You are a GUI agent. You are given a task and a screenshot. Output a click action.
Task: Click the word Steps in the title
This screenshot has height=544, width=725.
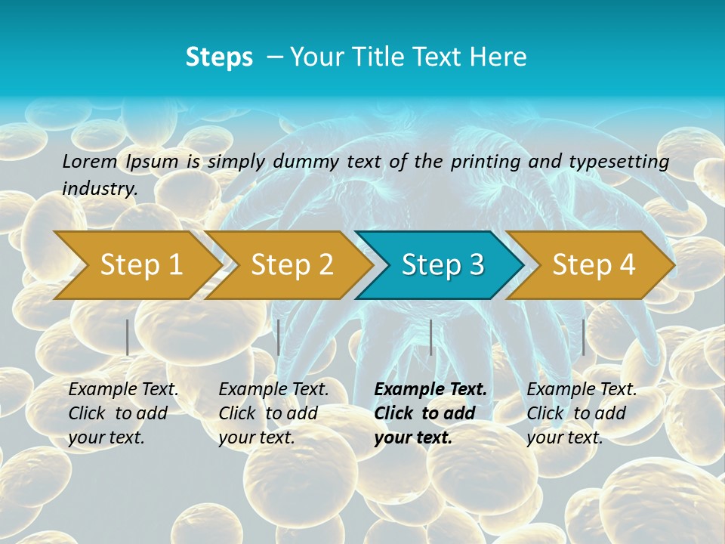pos(219,57)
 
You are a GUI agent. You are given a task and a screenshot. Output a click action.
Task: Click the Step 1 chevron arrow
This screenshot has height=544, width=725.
pos(136,264)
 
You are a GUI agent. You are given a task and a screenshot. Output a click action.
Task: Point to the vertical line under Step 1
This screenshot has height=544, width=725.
pos(128,337)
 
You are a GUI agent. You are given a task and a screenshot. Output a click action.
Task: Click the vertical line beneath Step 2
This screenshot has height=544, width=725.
pos(279,337)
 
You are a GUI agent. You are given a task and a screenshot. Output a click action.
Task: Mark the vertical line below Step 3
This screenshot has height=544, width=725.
pos(430,337)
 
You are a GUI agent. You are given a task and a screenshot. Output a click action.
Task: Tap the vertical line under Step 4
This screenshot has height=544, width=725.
pos(583,337)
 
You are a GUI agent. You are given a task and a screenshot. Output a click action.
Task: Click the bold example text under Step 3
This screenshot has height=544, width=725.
pos(429,413)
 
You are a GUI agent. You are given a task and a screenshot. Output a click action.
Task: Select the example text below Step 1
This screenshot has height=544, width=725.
pos(122,413)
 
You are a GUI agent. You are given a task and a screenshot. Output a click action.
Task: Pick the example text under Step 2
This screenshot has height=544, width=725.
pos(273,413)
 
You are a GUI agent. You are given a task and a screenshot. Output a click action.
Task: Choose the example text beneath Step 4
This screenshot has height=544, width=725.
pos(581,413)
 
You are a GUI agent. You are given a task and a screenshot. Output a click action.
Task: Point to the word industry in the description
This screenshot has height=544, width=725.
pos(100,189)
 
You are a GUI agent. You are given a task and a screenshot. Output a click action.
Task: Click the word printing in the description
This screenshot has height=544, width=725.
pos(484,162)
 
